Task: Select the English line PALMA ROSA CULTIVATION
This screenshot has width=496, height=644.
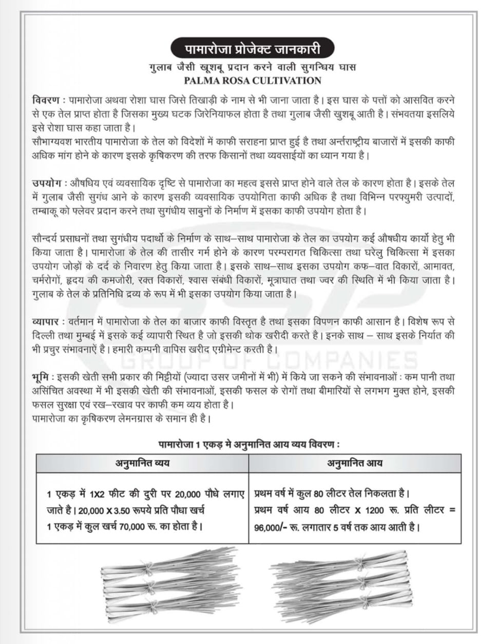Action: click(x=253, y=80)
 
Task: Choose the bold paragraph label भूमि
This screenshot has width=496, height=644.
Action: click(x=41, y=377)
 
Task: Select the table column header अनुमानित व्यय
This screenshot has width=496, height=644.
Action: click(x=142, y=463)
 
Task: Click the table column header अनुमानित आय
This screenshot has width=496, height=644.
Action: click(x=355, y=463)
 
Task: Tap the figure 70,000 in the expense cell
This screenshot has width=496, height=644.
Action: click(x=132, y=527)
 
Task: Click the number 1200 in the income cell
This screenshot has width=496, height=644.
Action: click(x=375, y=511)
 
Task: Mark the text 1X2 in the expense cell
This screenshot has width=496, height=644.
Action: click(x=97, y=495)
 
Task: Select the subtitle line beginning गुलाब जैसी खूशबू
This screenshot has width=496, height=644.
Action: click(x=253, y=68)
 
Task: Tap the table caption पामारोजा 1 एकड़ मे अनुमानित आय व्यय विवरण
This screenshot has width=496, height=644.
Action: click(x=249, y=444)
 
